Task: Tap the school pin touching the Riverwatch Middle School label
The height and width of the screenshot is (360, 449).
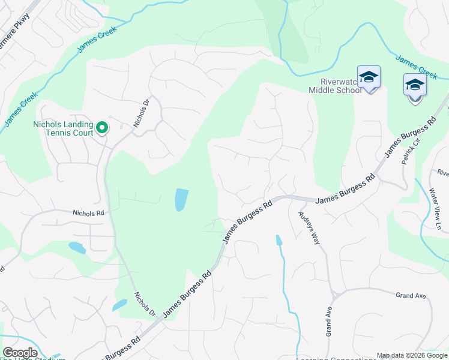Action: tap(369, 78)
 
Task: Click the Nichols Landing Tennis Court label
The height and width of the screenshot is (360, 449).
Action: tap(62, 128)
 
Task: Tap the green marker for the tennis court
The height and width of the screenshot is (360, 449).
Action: tap(102, 127)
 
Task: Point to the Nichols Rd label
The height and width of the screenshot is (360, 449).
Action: tap(88, 212)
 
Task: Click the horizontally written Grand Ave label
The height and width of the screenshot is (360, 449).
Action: tap(410, 295)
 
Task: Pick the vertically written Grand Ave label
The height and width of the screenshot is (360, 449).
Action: tap(329, 322)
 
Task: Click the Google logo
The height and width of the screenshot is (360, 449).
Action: tap(20, 353)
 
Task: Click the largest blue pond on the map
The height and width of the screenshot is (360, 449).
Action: tap(181, 199)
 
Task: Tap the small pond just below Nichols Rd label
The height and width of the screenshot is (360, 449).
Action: tap(77, 247)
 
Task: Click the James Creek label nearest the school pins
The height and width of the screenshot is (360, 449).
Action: tap(416, 66)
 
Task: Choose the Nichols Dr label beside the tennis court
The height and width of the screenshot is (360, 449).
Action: tap(140, 113)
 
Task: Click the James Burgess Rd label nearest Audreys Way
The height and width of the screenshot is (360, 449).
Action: tap(345, 188)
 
